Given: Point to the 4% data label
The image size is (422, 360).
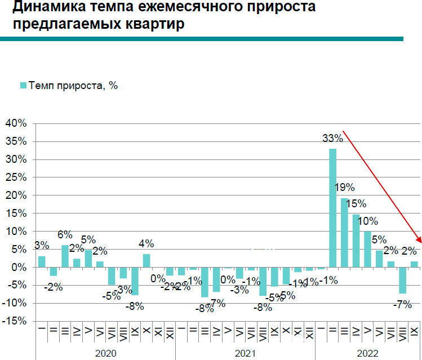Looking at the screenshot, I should (x=146, y=244).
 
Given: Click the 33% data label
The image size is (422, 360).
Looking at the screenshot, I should (x=332, y=138).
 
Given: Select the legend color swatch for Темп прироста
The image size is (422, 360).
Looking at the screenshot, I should (x=24, y=85).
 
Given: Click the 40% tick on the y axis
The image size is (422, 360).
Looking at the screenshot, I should (x=16, y=123).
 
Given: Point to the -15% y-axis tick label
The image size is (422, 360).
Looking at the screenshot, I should (x=14, y=321).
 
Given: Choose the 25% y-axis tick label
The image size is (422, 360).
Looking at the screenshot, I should (x=16, y=177).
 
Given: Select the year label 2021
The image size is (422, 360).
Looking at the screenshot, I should (x=245, y=353).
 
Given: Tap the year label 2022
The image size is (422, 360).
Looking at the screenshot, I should (x=367, y=353).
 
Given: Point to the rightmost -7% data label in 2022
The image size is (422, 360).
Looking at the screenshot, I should (x=402, y=305).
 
